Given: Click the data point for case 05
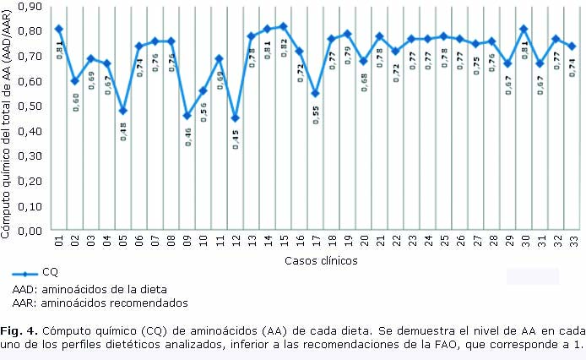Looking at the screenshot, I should tap(123, 111).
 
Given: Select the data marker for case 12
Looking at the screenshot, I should tap(236, 118).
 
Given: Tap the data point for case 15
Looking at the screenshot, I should tap(284, 26).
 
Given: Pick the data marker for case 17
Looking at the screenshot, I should tap(315, 94).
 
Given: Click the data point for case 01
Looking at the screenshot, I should tap(59, 29).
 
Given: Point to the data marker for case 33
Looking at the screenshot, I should tap(572, 46).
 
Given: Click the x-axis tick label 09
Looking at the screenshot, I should tap(187, 241).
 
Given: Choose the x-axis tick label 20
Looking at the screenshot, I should tap(363, 241).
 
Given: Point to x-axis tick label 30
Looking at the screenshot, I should tap(524, 241).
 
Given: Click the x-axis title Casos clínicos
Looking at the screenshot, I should tap(321, 260).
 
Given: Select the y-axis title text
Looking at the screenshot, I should tap(8, 118).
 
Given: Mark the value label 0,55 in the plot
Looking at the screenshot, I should tap(316, 114).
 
